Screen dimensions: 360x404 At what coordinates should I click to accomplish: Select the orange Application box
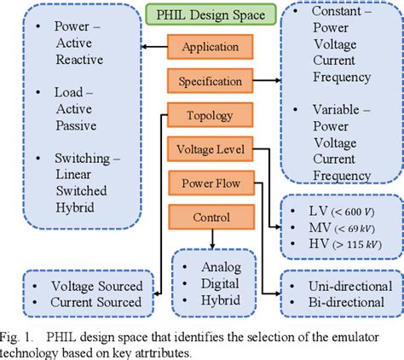pos(211,47)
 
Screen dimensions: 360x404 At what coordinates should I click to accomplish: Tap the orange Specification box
pos(211,81)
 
